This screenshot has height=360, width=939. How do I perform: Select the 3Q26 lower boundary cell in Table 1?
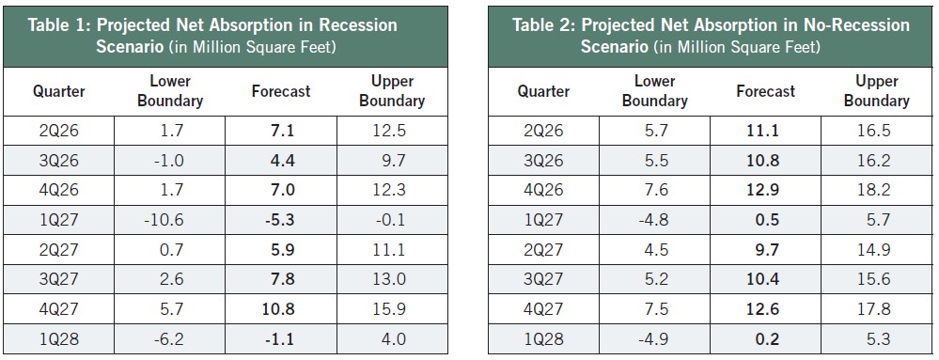pyautogui.click(x=169, y=161)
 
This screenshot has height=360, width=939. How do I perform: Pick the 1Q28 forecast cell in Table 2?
pyautogui.click(x=766, y=339)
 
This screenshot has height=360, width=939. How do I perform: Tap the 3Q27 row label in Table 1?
pyautogui.click(x=58, y=279)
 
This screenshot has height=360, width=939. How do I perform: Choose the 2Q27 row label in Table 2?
pyautogui.click(x=544, y=250)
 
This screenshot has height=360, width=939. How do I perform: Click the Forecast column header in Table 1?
pyautogui.click(x=281, y=91)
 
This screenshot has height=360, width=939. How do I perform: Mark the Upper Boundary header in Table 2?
pyautogui.click(x=877, y=91)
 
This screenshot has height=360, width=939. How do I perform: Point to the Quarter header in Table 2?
pyautogui.click(x=544, y=91)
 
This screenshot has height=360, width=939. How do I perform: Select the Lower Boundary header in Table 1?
pyautogui.click(x=169, y=91)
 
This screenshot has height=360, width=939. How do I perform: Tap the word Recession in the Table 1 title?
pyautogui.click(x=357, y=25)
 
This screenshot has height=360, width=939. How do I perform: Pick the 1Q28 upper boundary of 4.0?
pyautogui.click(x=393, y=339)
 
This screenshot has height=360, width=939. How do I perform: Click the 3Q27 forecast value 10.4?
pyautogui.click(x=766, y=279)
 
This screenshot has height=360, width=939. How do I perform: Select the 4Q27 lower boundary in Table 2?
pyautogui.click(x=655, y=309)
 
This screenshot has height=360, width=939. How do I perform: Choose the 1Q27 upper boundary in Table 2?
pyautogui.click(x=877, y=220)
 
